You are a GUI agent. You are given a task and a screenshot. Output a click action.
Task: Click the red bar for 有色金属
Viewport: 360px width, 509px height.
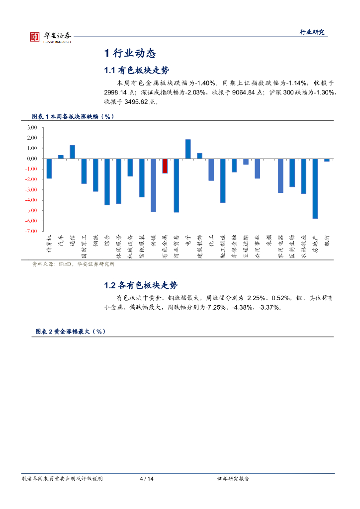tap(165, 166)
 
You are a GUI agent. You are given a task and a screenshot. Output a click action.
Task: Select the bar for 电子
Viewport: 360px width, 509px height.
tap(188, 149)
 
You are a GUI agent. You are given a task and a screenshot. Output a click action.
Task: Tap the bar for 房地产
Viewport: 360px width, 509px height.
tap(315, 188)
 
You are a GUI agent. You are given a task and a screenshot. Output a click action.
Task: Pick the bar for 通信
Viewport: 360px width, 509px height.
tap(72, 152)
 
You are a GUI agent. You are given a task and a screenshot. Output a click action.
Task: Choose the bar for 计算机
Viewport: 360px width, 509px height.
tap(49, 169)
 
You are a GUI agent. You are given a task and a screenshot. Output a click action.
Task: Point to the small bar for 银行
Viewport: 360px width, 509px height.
tap(327, 160)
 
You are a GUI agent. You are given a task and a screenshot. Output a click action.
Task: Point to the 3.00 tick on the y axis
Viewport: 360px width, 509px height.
tap(32, 127)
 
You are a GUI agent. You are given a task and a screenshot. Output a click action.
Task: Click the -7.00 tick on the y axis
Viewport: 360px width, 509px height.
tap(31, 231)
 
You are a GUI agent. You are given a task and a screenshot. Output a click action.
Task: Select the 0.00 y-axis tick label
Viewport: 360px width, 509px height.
tap(32, 159)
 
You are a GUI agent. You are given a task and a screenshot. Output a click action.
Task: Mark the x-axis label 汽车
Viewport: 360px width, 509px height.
tap(61, 241)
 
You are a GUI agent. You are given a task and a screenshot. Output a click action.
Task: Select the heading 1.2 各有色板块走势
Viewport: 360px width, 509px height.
tap(141, 285)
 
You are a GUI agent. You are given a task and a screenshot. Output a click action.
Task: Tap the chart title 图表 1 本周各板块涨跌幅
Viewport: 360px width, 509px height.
tap(74, 116)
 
